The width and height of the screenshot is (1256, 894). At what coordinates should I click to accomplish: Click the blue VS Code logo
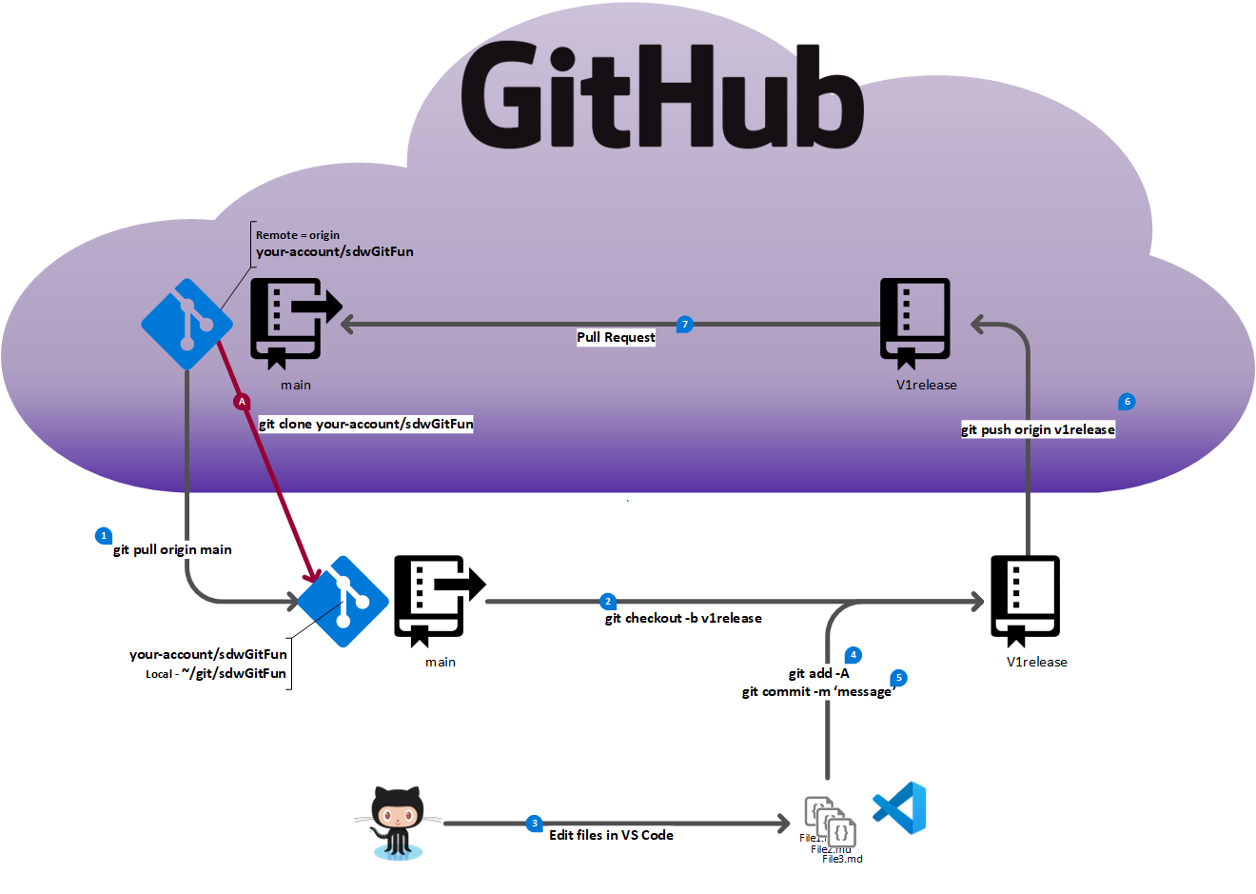coord(900,808)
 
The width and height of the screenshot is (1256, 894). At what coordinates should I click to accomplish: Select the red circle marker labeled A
coord(242,402)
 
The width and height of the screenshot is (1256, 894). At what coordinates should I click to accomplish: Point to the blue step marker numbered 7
coord(684,325)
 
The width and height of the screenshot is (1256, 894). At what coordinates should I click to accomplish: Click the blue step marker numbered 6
coord(1127,402)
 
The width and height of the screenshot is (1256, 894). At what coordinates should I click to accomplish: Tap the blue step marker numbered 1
coord(104,536)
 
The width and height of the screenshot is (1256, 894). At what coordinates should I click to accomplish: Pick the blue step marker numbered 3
coord(534,823)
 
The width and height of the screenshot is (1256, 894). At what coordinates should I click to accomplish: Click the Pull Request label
coord(616,337)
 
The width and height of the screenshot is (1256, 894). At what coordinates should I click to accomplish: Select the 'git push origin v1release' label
coord(1037,429)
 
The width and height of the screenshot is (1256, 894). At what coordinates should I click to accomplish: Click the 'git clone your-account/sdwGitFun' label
coord(365,424)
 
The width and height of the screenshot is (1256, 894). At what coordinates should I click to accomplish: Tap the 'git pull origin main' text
coord(172,549)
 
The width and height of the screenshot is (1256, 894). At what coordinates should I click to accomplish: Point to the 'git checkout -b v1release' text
coord(683,618)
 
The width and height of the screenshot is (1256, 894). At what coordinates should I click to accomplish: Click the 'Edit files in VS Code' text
coord(611,835)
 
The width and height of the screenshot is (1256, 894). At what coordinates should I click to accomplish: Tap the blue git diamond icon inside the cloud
coord(187,324)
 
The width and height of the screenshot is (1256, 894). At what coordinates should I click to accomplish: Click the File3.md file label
coord(842,859)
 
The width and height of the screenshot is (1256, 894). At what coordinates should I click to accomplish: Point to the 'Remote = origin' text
coord(297,235)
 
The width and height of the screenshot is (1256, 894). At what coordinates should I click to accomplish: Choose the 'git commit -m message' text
coord(817,691)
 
